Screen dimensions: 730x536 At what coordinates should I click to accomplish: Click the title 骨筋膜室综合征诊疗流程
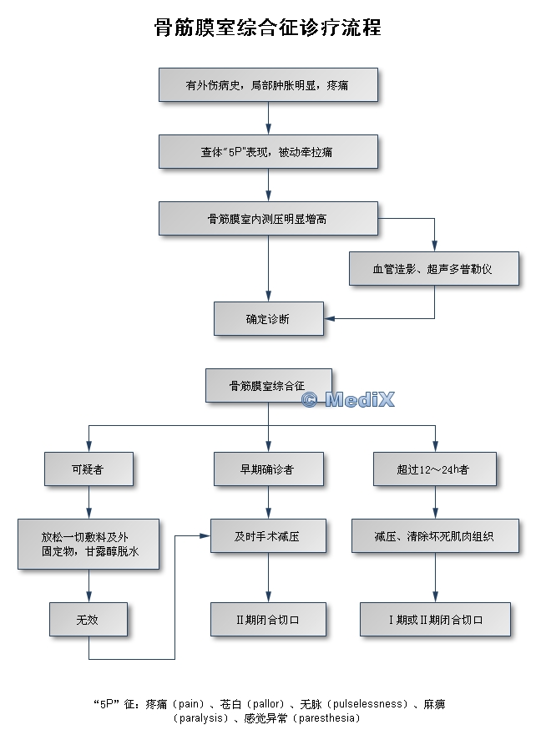coord(268,28)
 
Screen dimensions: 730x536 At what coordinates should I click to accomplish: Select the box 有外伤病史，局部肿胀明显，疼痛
coord(268,84)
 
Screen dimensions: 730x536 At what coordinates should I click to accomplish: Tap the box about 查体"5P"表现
coord(268,151)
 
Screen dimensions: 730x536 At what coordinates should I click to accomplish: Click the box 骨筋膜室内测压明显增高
coord(268,218)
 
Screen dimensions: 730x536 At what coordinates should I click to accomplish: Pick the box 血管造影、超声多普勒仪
coord(434,269)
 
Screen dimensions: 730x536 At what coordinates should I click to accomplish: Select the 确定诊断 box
coord(268,318)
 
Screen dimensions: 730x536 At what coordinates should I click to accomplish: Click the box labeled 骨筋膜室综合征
coord(268,385)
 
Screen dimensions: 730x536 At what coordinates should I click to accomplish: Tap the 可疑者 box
coord(88,469)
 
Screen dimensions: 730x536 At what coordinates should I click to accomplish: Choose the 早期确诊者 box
coord(268,469)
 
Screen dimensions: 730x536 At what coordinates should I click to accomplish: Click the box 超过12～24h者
coord(434,469)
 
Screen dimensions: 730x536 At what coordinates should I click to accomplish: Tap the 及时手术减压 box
coord(268,535)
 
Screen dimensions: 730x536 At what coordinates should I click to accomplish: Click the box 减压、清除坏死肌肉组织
coord(434,535)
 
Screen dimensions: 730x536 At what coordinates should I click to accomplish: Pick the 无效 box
coord(88,619)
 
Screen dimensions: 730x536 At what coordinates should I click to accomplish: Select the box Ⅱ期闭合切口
coord(268,619)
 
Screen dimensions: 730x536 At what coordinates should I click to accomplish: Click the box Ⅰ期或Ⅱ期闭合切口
coord(434,619)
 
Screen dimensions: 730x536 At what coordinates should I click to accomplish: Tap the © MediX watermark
coord(347,400)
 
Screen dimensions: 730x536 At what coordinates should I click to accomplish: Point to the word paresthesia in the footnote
coord(326,717)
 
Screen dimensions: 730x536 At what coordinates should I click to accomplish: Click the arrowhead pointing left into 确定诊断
coord(329,318)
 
